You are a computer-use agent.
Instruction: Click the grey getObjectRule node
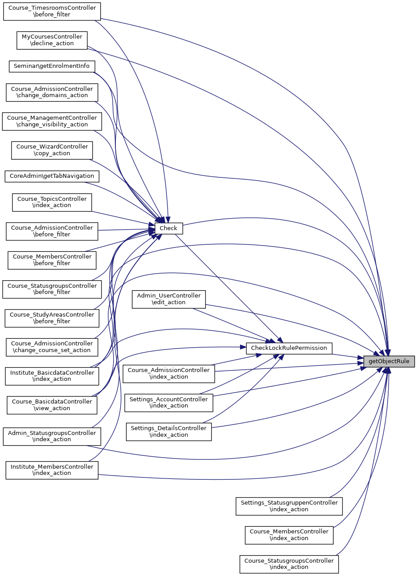tap(389, 361)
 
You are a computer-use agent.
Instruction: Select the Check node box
tap(169, 228)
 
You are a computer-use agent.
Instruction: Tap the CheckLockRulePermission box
tap(289, 348)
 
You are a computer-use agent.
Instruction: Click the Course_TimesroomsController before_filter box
tap(52, 11)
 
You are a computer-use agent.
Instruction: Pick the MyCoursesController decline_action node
tap(52, 40)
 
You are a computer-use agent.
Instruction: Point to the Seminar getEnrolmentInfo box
tap(51, 66)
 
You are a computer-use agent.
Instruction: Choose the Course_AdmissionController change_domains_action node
tap(52, 92)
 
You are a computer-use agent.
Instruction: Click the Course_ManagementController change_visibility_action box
tap(52, 121)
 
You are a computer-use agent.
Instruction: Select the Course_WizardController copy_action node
tap(52, 150)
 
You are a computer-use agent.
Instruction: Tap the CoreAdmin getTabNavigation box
tap(52, 176)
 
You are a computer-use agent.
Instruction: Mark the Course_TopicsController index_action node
tap(52, 202)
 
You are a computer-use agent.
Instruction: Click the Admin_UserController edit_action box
tap(169, 299)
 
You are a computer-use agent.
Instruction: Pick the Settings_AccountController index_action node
tap(169, 403)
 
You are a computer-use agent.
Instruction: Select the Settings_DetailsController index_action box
tap(169, 431)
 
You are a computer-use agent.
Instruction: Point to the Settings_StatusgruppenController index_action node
tap(289, 506)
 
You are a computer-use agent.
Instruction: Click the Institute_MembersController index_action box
tap(52, 470)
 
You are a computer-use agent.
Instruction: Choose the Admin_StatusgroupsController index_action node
tap(52, 436)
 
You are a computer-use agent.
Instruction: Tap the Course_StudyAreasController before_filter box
tap(52, 318)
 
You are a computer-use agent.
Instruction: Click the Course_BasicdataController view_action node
tap(52, 405)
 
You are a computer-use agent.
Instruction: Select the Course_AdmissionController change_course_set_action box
tap(52, 347)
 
